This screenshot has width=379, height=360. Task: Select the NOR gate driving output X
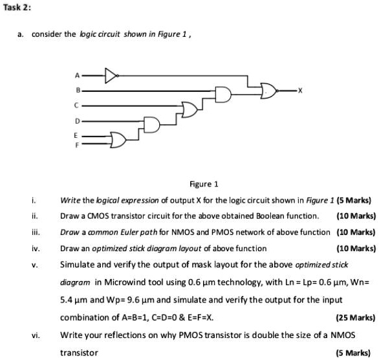pos(269,91)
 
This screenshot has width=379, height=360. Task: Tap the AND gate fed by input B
pos(223,95)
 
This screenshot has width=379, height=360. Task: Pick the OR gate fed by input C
pos(189,110)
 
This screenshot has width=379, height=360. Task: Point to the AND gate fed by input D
pos(152,125)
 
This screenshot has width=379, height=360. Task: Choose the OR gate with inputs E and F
pos(118,140)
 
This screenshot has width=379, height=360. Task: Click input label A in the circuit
pos(77,76)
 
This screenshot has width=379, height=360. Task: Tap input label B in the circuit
pos(78,91)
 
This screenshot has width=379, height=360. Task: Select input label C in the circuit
pos(76,106)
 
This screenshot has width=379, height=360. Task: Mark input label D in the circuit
pos(77,121)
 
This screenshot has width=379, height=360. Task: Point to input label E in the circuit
pos(76,136)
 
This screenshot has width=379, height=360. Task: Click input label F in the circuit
pos(77,145)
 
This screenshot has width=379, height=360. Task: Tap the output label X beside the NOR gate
pos(300,91)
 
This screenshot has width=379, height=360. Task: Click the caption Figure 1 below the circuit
pos(204,184)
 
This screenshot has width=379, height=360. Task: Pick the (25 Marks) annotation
pos(356,317)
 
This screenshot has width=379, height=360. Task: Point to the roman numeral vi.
pos(36,335)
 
